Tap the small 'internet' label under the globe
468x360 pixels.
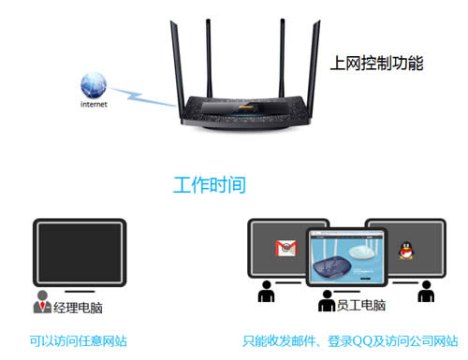(93, 105)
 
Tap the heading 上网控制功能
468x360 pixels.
(377, 65)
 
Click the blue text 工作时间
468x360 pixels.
(210, 184)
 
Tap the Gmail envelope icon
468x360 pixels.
(284, 249)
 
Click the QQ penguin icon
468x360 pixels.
(407, 250)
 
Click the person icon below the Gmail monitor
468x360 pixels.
(266, 293)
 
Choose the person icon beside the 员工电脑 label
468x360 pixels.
(327, 302)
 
